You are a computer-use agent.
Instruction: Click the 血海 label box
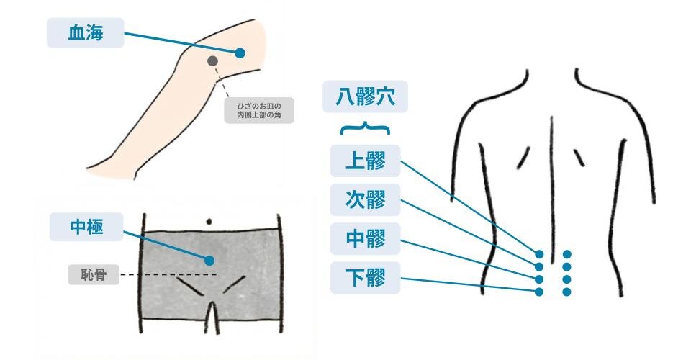pos(86,32)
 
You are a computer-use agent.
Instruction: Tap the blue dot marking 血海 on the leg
pos(240,53)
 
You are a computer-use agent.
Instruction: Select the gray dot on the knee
pos(212,60)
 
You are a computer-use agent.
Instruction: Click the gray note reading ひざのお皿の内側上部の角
pos(258,110)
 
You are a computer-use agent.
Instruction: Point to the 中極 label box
pos(86,227)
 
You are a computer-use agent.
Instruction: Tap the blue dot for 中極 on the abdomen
pos(209,261)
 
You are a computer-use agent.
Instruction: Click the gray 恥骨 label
pos(94,275)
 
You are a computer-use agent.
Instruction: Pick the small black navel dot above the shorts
pos(209,222)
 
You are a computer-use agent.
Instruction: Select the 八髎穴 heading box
pos(365,96)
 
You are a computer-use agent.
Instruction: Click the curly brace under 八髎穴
pos(365,128)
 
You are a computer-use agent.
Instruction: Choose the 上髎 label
pos(366,161)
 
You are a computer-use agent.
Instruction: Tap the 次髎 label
pos(366,199)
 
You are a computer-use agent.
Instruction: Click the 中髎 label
pos(366,238)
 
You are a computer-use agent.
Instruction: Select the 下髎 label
pos(366,278)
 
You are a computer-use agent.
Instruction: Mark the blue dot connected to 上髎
pos(539,254)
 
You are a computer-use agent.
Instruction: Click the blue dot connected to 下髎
pos(539,292)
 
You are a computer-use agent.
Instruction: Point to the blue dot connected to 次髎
pos(539,266)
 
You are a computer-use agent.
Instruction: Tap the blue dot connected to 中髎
pos(539,279)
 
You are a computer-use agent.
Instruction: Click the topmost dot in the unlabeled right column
pos(566,254)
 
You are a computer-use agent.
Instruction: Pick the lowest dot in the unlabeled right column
pos(566,292)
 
